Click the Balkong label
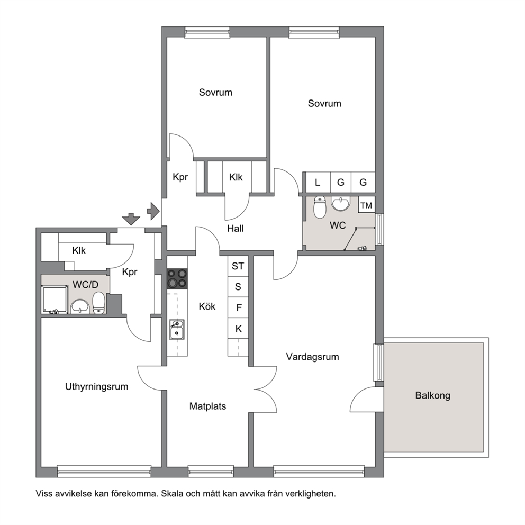[x=432, y=396]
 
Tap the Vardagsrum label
[x=312, y=357]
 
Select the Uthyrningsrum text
[x=97, y=387]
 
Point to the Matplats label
[x=207, y=406]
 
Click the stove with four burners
[x=177, y=278]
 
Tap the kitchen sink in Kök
[x=176, y=330]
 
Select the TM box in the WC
[x=366, y=205]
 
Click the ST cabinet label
[x=238, y=266]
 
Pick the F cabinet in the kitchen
[x=238, y=307]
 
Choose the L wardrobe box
[x=318, y=182]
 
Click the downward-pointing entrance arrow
[x=131, y=219]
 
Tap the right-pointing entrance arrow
[x=153, y=211]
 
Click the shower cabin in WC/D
[x=54, y=300]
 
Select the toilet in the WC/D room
[x=99, y=303]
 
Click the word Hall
[x=236, y=229]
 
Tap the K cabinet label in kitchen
[x=238, y=329]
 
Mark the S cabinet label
[x=238, y=287]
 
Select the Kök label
[x=207, y=306]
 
